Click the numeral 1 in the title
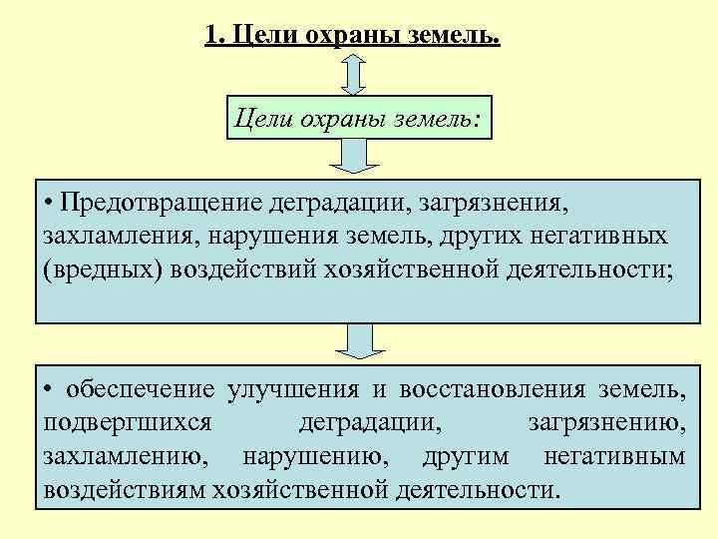point(209,37)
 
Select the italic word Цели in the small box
point(261,121)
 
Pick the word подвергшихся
point(127,423)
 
